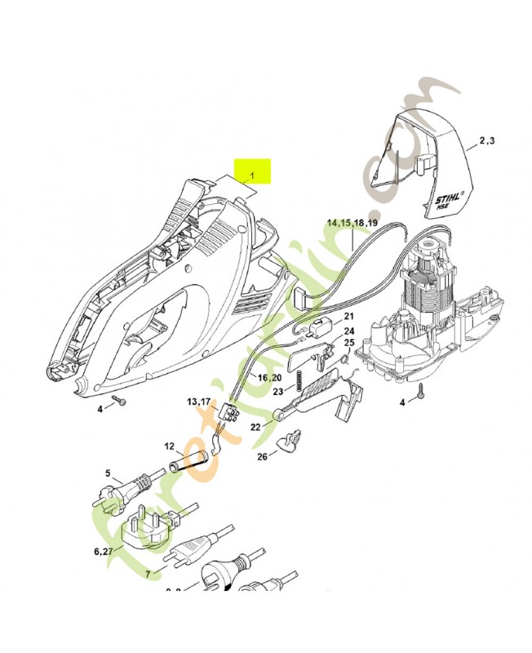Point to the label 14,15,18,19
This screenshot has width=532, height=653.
point(352,223)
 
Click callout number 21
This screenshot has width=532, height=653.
point(348,317)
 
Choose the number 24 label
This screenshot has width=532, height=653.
point(348,331)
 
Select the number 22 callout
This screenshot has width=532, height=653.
point(255,427)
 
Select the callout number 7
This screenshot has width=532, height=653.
point(148,574)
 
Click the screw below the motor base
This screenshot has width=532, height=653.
point(421,389)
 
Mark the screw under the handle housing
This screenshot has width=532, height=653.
point(120,400)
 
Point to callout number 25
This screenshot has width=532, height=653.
point(348,343)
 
